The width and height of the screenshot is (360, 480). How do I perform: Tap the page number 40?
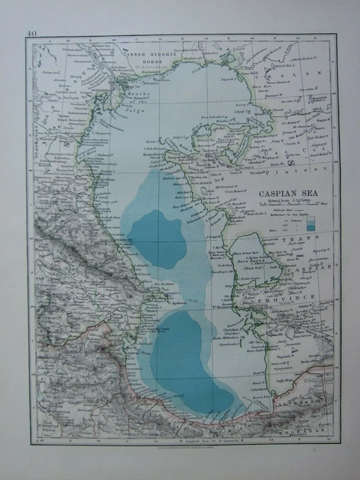pyautogui.click(x=31, y=33)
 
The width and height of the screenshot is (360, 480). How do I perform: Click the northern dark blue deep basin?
pyautogui.click(x=159, y=238)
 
